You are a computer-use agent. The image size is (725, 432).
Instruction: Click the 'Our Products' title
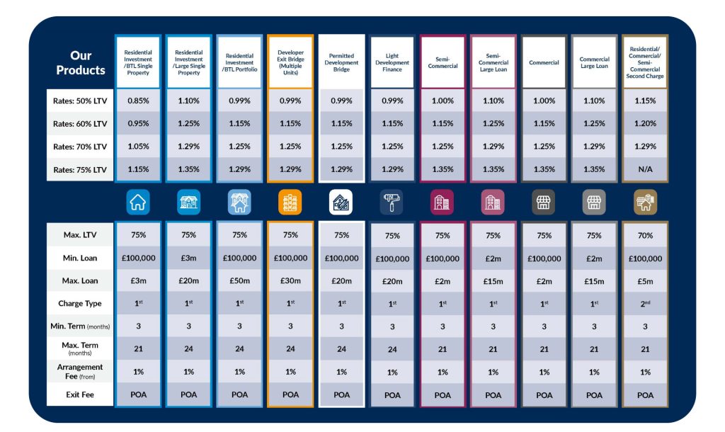click(80, 63)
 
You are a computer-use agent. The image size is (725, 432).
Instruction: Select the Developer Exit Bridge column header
click(291, 62)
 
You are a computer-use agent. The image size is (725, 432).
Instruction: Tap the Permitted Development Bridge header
click(341, 62)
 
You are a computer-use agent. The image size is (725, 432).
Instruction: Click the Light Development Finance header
click(392, 62)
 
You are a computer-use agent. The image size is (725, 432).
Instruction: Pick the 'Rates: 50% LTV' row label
click(80, 101)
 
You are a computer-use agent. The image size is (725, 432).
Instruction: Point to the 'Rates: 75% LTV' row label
click(80, 169)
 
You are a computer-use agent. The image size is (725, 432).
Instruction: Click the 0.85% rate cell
click(138, 101)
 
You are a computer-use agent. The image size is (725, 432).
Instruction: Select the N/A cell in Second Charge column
click(645, 169)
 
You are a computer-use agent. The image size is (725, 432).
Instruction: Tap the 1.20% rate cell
click(645, 123)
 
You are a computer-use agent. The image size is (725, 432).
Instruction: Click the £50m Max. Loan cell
click(239, 280)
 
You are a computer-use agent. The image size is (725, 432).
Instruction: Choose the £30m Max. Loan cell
click(291, 280)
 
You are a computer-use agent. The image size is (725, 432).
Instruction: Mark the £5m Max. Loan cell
click(645, 280)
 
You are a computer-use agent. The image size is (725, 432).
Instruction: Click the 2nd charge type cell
click(645, 303)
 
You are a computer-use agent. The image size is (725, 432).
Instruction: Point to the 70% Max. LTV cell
click(645, 235)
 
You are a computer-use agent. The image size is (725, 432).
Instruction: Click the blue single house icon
click(138, 203)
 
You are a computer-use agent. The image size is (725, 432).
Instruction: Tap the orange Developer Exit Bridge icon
click(291, 203)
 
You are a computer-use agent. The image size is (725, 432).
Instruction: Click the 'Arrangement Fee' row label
click(80, 371)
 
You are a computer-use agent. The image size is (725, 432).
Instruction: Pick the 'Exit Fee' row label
click(80, 394)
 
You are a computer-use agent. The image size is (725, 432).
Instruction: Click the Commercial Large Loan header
click(594, 62)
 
